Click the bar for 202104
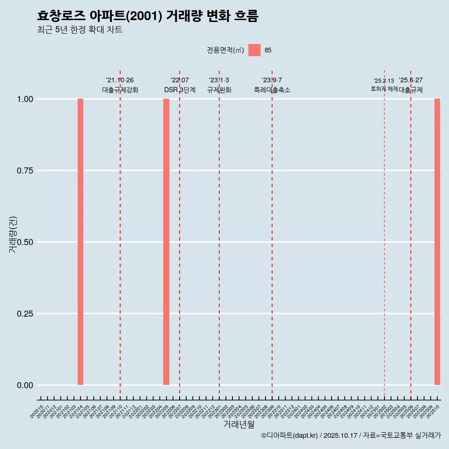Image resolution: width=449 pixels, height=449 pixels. click(80, 242)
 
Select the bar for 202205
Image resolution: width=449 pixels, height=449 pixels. click(166, 242)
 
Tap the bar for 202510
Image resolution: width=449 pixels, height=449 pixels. click(437, 242)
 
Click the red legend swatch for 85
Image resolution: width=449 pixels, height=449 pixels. click(254, 50)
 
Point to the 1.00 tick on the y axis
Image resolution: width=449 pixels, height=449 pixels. click(25, 99)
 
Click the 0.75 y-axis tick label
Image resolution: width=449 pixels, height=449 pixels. click(25, 171)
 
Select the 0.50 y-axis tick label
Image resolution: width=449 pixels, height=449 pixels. click(25, 242)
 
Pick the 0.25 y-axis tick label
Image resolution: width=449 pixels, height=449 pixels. click(25, 314)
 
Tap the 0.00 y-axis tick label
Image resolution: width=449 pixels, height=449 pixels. click(25, 385)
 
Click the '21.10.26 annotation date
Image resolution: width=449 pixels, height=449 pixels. click(120, 80)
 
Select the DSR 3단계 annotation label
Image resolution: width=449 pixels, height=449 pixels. click(180, 90)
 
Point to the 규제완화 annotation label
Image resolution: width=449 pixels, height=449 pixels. click(219, 90)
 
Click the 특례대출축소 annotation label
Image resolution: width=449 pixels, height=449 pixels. click(272, 90)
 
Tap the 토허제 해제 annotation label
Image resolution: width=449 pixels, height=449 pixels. click(384, 89)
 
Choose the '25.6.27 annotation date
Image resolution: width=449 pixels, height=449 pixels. click(411, 80)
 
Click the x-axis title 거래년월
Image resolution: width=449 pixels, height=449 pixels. click(239, 425)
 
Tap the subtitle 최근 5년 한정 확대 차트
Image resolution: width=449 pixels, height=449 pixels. click(80, 30)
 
